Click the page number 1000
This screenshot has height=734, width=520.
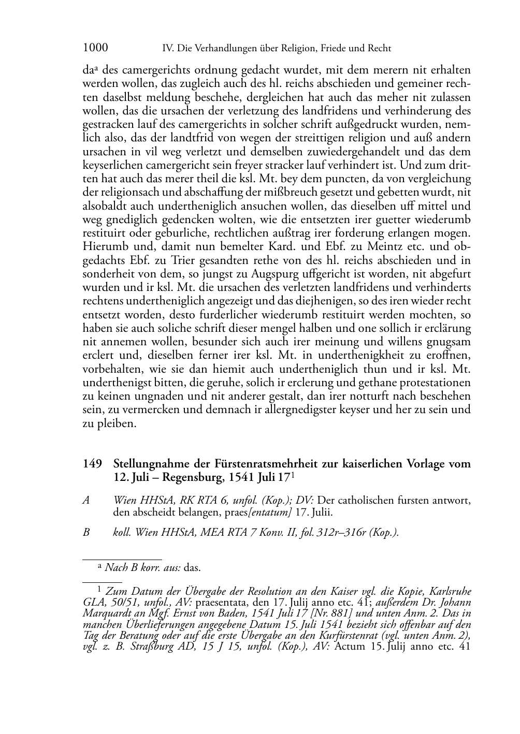point(95,48)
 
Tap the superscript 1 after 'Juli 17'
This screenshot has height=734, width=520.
point(293,474)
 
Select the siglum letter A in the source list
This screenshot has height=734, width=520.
point(86,501)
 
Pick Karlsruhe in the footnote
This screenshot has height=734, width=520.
point(445,592)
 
